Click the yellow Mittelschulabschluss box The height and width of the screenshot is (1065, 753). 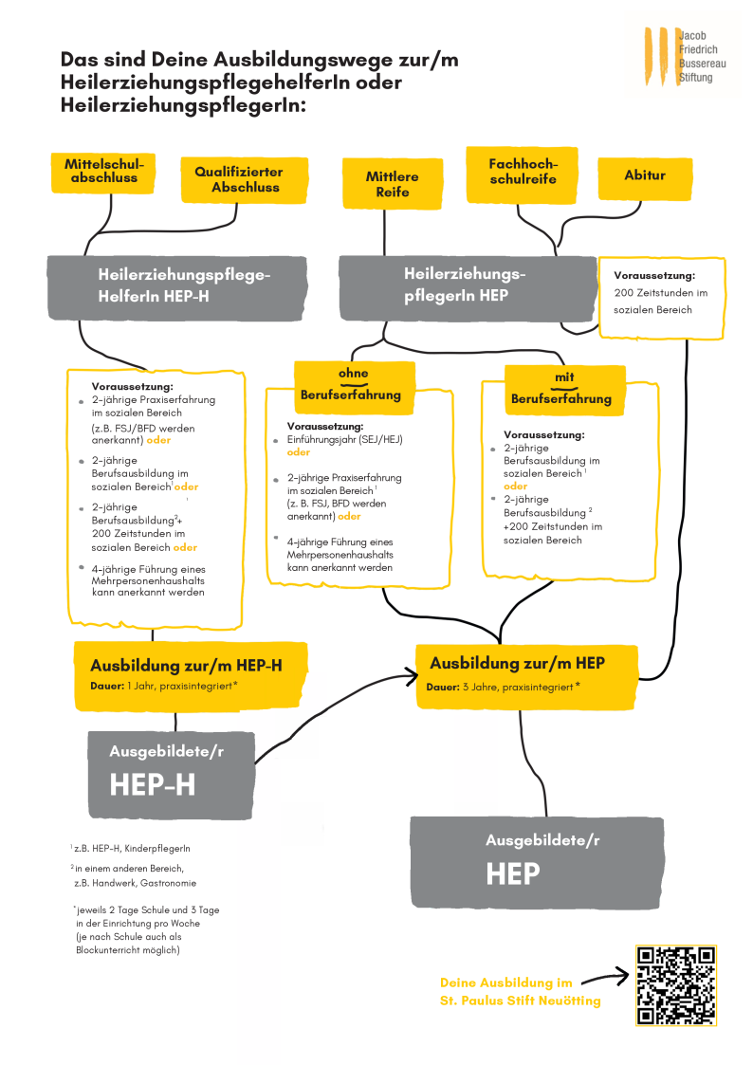[101, 172]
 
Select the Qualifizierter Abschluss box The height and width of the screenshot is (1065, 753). [245, 179]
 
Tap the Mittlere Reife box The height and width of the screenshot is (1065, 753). [392, 184]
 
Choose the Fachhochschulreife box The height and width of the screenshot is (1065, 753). [522, 173]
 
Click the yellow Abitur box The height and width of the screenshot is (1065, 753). [644, 176]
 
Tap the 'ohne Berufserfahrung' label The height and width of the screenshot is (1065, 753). [350, 385]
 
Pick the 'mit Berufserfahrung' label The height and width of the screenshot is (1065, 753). [561, 389]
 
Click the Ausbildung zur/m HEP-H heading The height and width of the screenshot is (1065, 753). [186, 666]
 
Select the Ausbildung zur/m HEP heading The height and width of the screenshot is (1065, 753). [517, 663]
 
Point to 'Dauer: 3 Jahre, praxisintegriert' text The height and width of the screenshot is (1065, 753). [504, 687]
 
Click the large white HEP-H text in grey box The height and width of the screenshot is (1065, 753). [153, 784]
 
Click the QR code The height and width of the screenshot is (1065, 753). [675, 984]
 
